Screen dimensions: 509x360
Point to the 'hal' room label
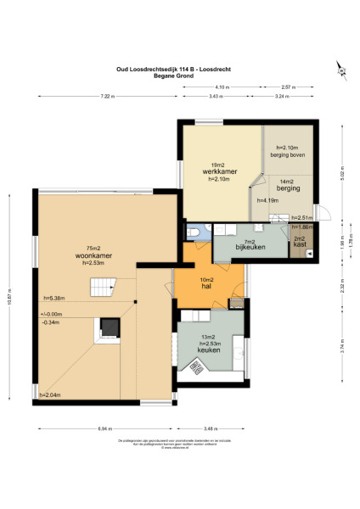(207, 287)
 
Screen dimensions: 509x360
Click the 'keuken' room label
(209, 349)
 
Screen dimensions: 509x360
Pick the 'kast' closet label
(300, 244)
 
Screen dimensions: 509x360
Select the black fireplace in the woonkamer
(109, 327)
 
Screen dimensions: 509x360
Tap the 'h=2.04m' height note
(50, 395)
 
